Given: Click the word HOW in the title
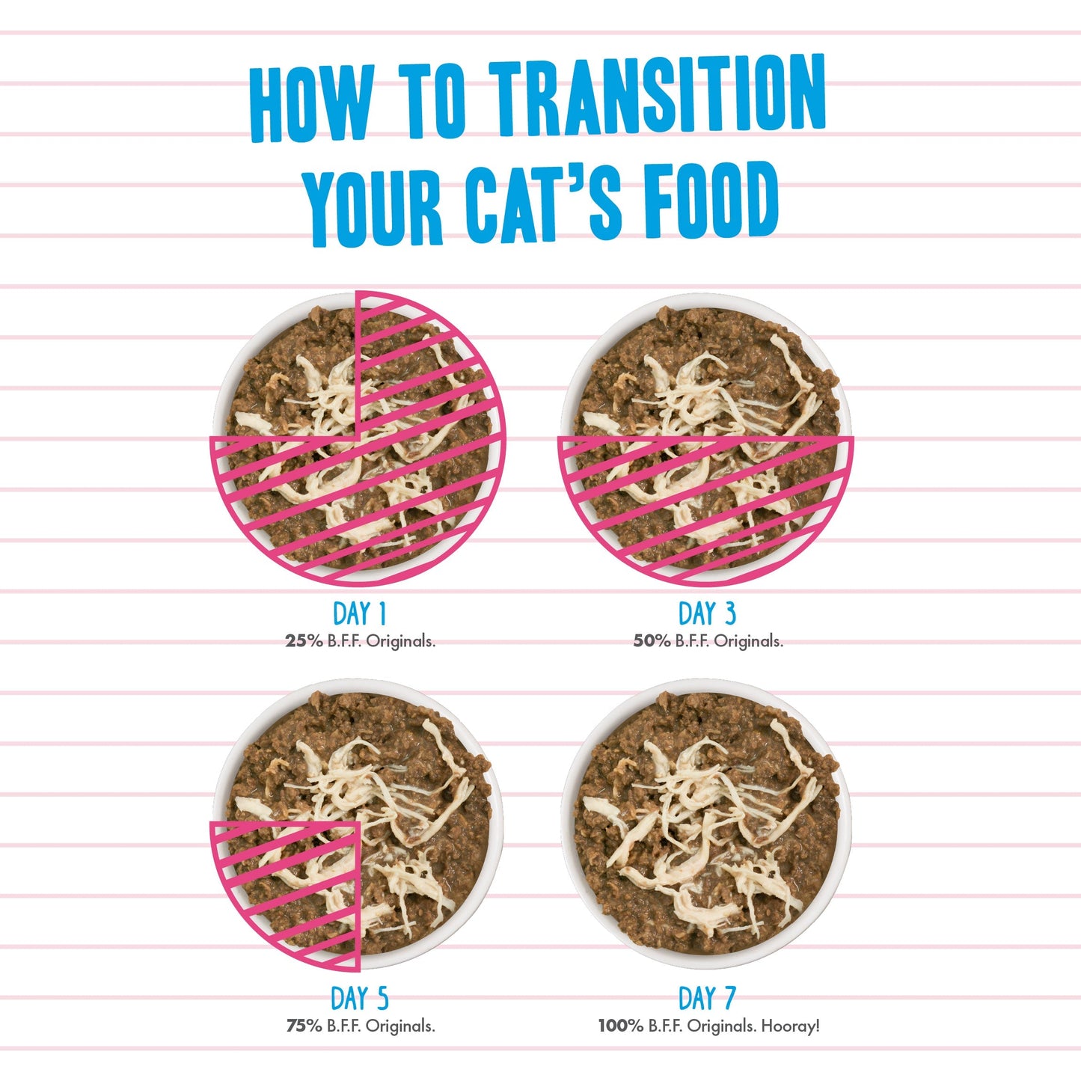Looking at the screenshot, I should click(x=310, y=105).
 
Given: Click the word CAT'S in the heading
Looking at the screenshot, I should click(x=542, y=202).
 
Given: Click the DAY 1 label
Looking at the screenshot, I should click(x=360, y=614).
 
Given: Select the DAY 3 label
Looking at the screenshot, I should click(x=707, y=614).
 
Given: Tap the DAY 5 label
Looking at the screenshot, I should click(x=360, y=999).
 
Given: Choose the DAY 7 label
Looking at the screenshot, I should click(x=707, y=999).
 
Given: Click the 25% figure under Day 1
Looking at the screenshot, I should click(x=304, y=641).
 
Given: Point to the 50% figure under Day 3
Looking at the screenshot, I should click(x=652, y=641).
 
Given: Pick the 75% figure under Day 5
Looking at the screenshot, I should click(x=304, y=1026).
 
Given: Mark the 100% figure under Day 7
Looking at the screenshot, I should click(x=620, y=1026).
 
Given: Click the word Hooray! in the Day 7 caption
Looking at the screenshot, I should click(x=790, y=1026).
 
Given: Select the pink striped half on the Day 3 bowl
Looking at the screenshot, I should click(x=706, y=501).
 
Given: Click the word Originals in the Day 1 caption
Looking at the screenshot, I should click(x=400, y=641).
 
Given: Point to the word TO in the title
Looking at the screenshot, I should click(x=432, y=101).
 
